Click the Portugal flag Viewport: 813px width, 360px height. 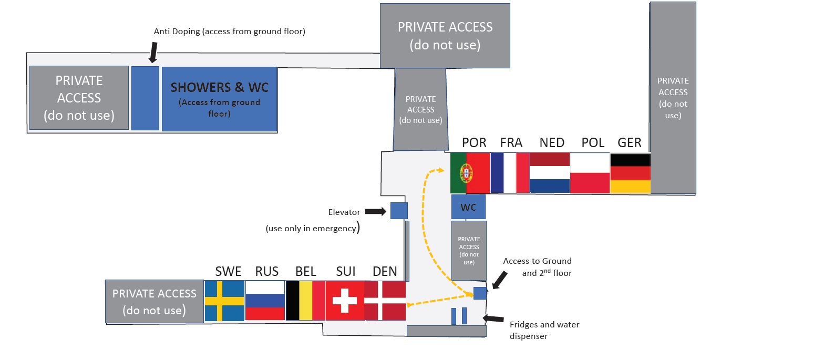coord(470,173)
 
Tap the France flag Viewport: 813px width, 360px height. coord(510,173)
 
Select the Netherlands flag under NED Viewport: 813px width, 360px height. coord(550,173)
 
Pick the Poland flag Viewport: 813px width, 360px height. coord(590,173)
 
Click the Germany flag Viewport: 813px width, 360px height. coord(630,173)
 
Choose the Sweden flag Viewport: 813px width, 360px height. coord(224,301)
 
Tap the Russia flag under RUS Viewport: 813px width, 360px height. coord(265,301)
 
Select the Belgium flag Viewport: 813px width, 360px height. coord(305,301)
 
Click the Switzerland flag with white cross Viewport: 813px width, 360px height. coord(345,301)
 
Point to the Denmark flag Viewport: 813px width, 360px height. coord(385,301)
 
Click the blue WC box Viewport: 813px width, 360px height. coord(468,207)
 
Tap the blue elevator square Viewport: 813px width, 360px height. coord(399,211)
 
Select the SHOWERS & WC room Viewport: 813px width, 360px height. coord(219,99)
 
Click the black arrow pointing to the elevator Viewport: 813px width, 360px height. coord(375,211)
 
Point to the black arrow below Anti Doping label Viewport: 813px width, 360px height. coord(153,52)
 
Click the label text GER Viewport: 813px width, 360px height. coord(630,143)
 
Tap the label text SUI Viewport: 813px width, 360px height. coord(346,271)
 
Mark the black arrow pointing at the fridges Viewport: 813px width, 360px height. coord(494,318)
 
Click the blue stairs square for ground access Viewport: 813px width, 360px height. coord(480,293)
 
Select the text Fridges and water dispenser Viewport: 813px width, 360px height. coord(544,330)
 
